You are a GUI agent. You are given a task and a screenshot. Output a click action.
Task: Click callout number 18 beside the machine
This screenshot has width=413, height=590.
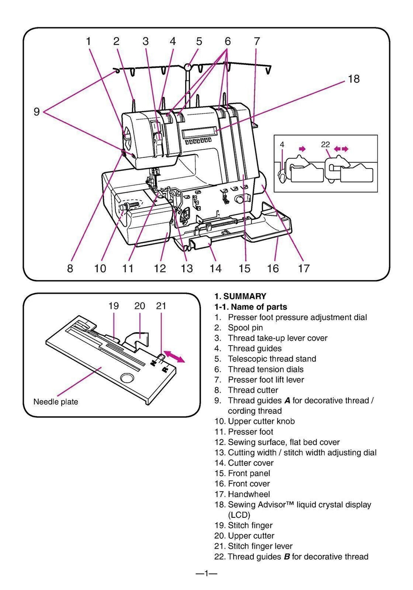click(353, 79)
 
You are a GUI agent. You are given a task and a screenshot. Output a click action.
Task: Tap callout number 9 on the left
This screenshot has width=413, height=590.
click(37, 112)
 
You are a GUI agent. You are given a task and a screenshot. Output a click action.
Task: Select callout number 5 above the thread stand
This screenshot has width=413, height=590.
click(199, 41)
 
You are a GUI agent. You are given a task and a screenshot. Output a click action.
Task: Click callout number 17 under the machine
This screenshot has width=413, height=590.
click(304, 269)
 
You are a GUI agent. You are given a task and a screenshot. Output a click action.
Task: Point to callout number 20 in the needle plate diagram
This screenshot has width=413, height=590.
click(140, 306)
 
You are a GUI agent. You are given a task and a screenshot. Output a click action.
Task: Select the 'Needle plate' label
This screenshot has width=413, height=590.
click(56, 402)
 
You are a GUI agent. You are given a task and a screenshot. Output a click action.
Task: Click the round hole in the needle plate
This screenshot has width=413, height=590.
click(127, 378)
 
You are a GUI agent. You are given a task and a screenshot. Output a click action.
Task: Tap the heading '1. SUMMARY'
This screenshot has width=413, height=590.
click(240, 296)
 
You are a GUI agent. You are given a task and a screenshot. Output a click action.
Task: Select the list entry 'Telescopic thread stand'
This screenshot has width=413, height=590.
click(272, 359)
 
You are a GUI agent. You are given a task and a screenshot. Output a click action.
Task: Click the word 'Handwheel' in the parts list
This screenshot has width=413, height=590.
click(249, 494)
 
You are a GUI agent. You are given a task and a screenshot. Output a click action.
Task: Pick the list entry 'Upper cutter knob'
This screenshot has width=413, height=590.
click(261, 421)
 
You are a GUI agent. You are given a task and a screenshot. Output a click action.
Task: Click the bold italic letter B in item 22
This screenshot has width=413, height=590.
click(287, 557)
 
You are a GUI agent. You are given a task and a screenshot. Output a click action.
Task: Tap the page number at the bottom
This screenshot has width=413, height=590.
click(206, 573)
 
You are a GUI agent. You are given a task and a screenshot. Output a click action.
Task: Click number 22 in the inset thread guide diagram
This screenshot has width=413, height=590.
click(325, 144)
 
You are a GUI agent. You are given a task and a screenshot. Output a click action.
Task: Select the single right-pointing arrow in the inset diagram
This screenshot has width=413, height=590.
click(301, 149)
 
